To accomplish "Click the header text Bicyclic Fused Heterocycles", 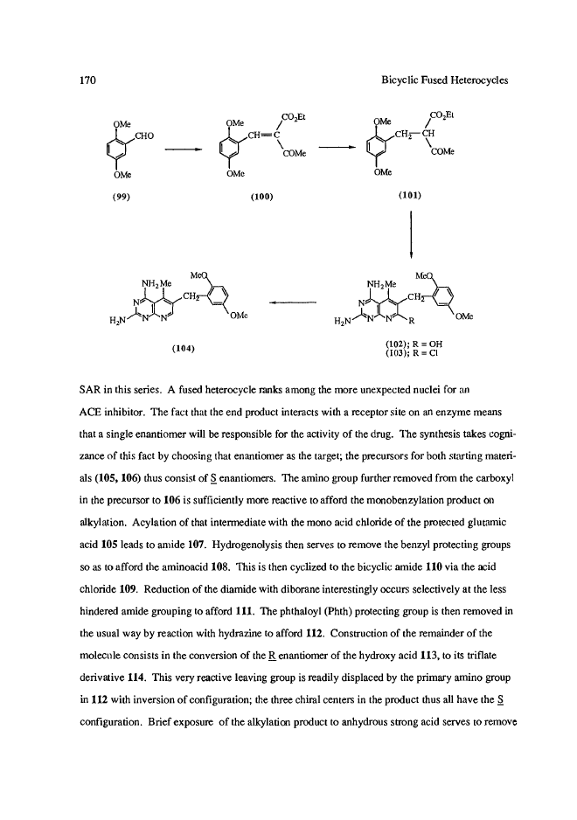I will (x=446, y=80).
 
